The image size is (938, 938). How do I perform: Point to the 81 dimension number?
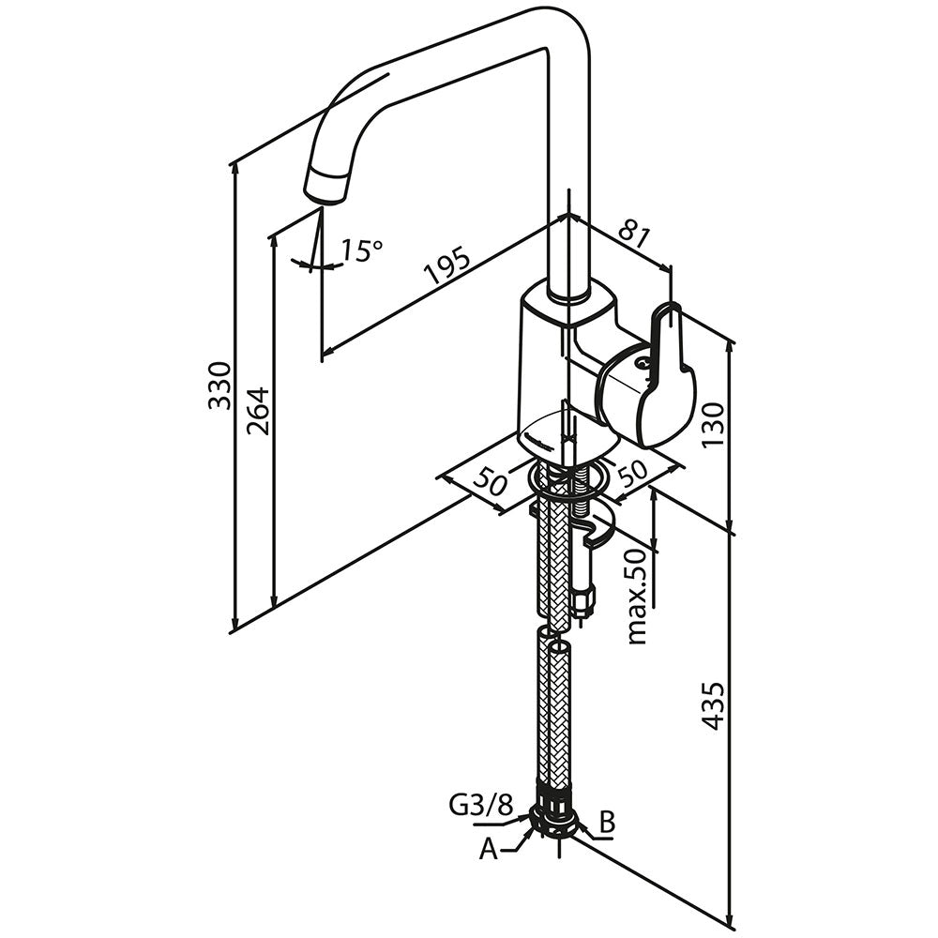(635, 234)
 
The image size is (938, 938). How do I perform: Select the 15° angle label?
(361, 250)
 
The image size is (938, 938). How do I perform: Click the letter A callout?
(488, 849)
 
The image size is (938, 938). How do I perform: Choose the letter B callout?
(607, 824)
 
